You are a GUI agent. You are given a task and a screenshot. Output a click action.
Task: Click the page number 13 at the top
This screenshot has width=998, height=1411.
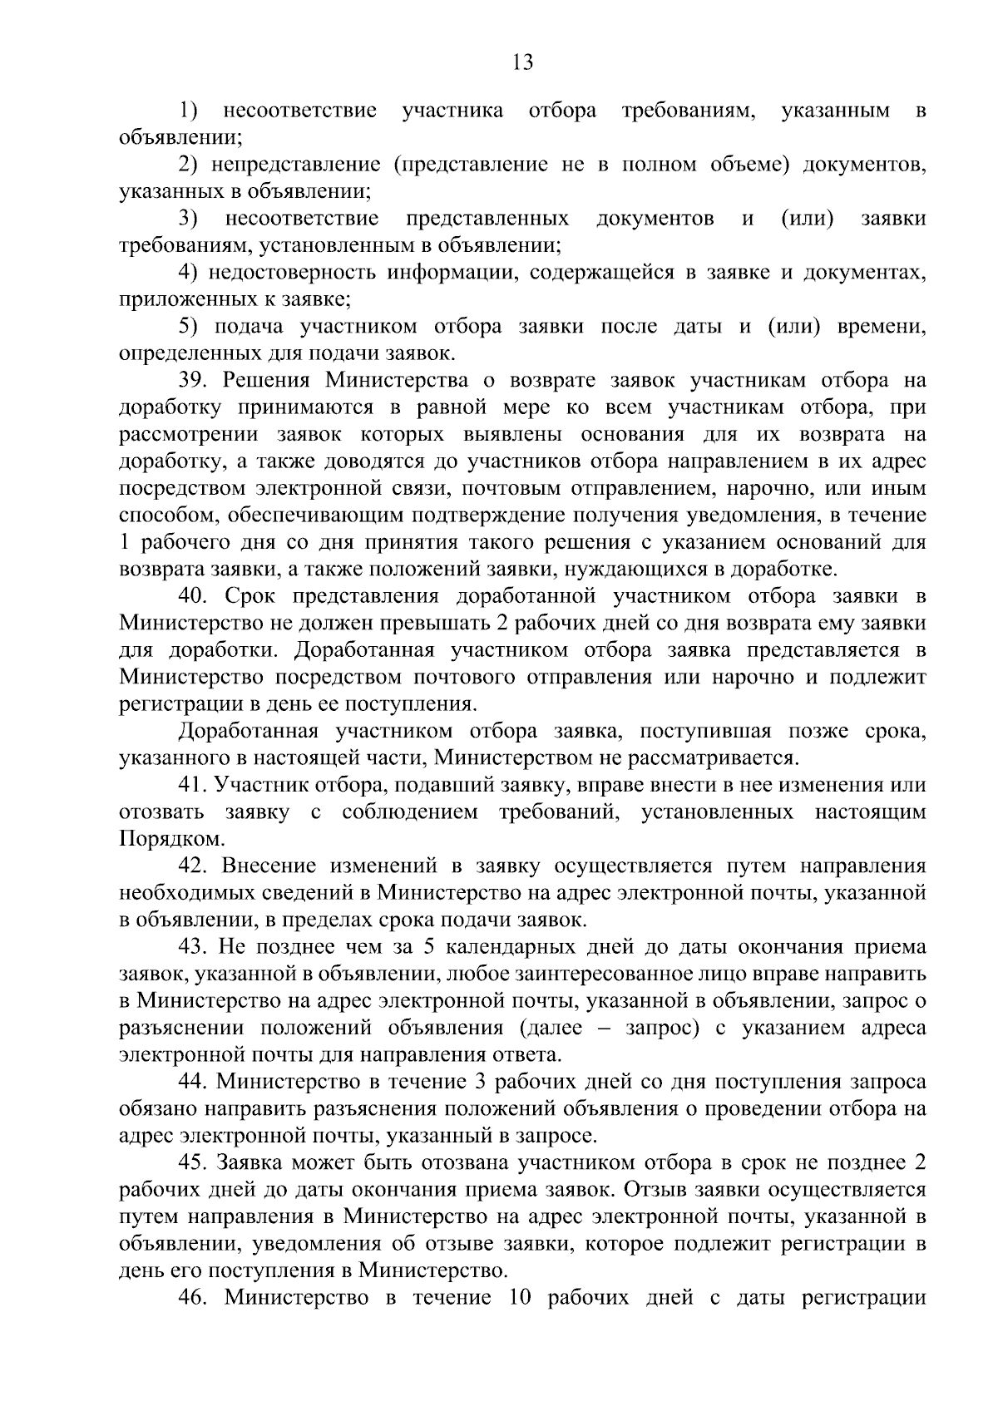tap(523, 62)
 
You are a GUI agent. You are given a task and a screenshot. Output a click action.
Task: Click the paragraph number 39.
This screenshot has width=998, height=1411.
tap(192, 381)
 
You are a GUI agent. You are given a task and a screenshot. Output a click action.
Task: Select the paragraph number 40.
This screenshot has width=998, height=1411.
tap(192, 597)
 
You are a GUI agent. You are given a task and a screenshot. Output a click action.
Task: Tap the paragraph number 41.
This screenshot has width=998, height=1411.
tap(192, 786)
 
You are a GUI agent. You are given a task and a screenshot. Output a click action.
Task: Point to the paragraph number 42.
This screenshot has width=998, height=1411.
tap(192, 866)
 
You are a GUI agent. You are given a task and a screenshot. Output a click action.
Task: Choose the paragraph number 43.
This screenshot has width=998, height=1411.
tap(192, 947)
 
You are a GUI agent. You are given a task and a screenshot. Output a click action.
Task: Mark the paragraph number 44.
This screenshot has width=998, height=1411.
tap(192, 1082)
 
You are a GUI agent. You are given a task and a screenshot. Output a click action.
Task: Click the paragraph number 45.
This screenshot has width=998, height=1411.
tap(192, 1163)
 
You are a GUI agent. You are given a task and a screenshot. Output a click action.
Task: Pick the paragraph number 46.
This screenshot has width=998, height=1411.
tap(192, 1298)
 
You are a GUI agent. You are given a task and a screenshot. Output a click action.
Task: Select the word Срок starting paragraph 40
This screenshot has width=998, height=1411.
tap(244, 597)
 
